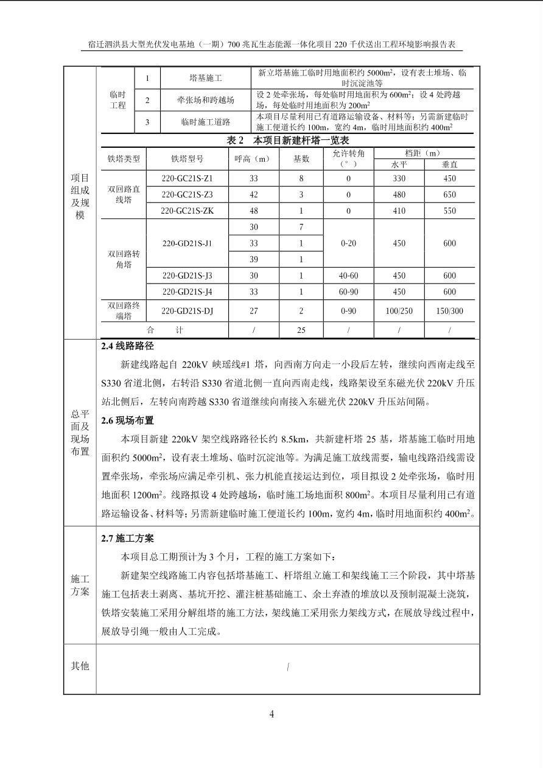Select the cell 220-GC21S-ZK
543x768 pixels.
tap(187, 211)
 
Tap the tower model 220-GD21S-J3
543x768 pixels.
tap(187, 276)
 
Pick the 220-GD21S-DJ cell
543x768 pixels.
tap(187, 311)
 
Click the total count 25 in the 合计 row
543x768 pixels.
tap(301, 330)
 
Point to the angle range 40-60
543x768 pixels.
tap(348, 276)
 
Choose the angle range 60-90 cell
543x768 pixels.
tap(348, 292)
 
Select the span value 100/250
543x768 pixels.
tap(399, 311)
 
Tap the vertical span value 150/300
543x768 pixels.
tap(449, 311)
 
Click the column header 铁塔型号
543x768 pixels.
tap(187, 159)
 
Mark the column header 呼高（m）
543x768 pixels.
tap(253, 159)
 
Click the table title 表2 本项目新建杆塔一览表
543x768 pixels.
tap(287, 141)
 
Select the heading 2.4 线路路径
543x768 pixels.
tap(128, 346)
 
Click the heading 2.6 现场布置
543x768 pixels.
tap(128, 421)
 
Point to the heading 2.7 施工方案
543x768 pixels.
tap(128, 539)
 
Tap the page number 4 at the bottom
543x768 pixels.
tap(271, 714)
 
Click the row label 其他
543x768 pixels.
tap(80, 666)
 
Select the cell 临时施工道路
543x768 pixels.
tap(205, 122)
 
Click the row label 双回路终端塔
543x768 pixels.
tap(124, 311)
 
